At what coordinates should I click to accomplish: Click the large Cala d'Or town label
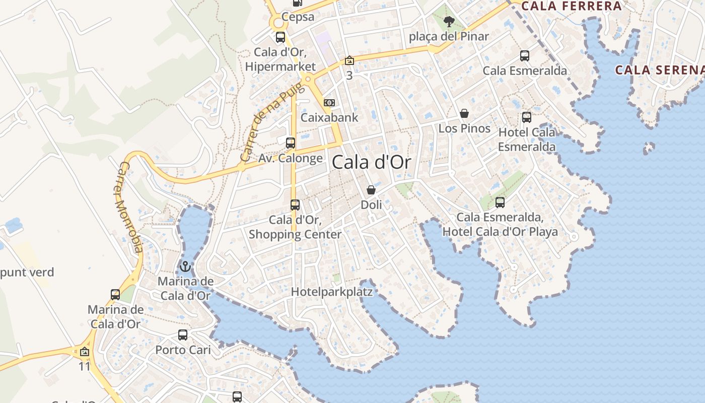371,162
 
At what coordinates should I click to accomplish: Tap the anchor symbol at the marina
185,266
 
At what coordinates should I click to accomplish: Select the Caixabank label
329,117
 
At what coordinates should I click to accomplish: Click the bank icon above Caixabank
329,103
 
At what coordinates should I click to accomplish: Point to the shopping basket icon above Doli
371,190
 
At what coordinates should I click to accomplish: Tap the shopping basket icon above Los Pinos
464,113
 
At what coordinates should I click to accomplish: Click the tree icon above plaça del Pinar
449,22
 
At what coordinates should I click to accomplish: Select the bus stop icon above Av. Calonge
291,143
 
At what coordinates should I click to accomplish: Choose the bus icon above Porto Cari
183,334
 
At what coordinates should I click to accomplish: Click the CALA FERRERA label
572,6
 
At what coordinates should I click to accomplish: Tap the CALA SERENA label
660,70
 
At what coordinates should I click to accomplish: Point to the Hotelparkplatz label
332,292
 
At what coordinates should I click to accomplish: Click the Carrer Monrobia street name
128,207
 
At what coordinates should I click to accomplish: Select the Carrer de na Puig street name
265,122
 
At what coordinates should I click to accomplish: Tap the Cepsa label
298,17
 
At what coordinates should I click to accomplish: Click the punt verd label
27,273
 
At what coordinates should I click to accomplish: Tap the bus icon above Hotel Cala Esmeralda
527,117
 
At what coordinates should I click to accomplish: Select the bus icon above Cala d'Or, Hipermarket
280,37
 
